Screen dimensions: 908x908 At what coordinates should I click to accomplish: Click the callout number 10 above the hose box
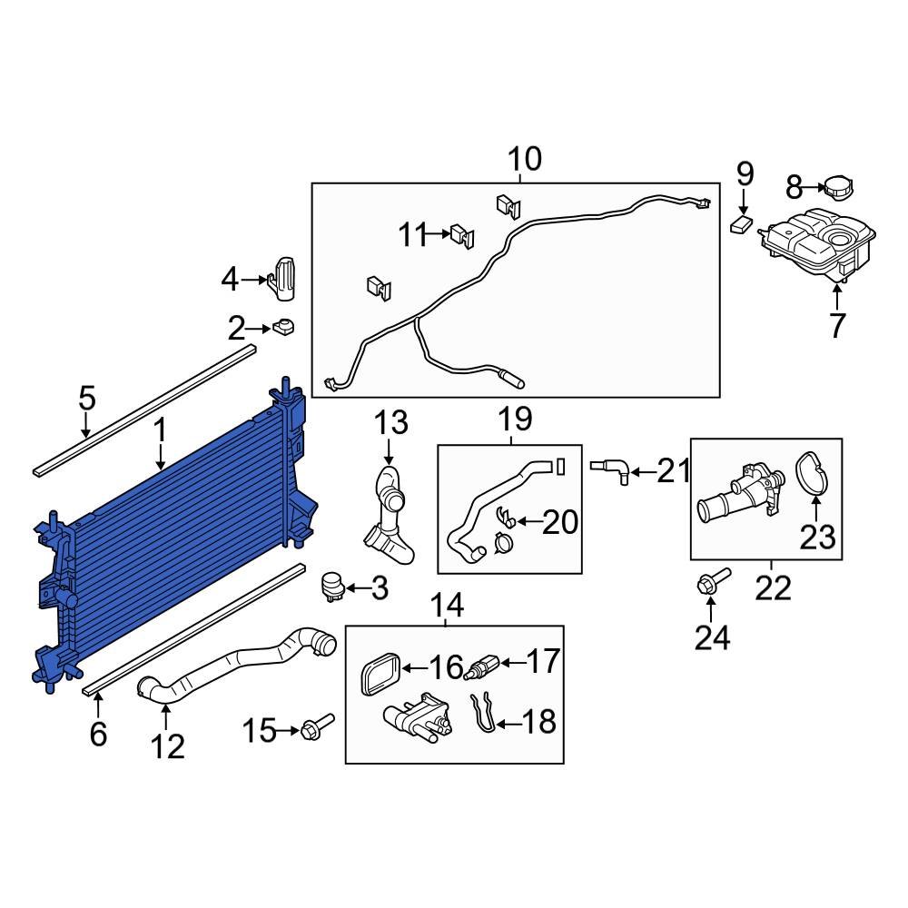click(524, 159)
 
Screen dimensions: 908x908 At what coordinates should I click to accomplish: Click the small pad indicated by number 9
click(744, 223)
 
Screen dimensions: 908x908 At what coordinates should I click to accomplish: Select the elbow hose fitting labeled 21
click(608, 469)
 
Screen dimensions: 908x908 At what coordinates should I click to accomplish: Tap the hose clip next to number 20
click(507, 520)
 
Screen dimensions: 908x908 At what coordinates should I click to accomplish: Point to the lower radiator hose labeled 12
click(236, 664)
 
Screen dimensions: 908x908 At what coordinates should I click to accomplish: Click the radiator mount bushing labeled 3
click(333, 586)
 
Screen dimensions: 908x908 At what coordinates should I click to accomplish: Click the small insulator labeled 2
click(284, 326)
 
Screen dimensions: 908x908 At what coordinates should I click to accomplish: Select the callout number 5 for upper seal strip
click(86, 398)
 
